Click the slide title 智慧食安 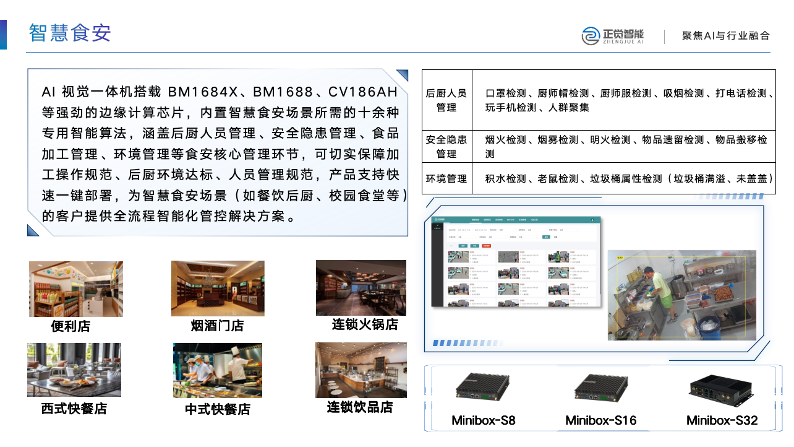(x=70, y=33)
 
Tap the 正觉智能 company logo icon (x=591, y=36)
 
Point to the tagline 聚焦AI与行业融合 (x=726, y=36)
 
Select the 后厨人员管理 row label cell (x=446, y=100)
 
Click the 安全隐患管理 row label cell (x=446, y=147)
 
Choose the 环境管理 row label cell (x=446, y=179)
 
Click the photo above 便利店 (x=76, y=289)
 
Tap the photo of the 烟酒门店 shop (x=218, y=289)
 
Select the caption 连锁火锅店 (x=365, y=324)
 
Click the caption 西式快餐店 (x=74, y=409)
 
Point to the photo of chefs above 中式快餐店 (x=218, y=370)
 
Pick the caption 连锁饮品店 (x=360, y=407)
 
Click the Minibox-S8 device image (x=483, y=388)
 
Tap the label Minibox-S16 (x=600, y=421)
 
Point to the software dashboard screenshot (x=516, y=261)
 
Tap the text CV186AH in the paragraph (x=362, y=92)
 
